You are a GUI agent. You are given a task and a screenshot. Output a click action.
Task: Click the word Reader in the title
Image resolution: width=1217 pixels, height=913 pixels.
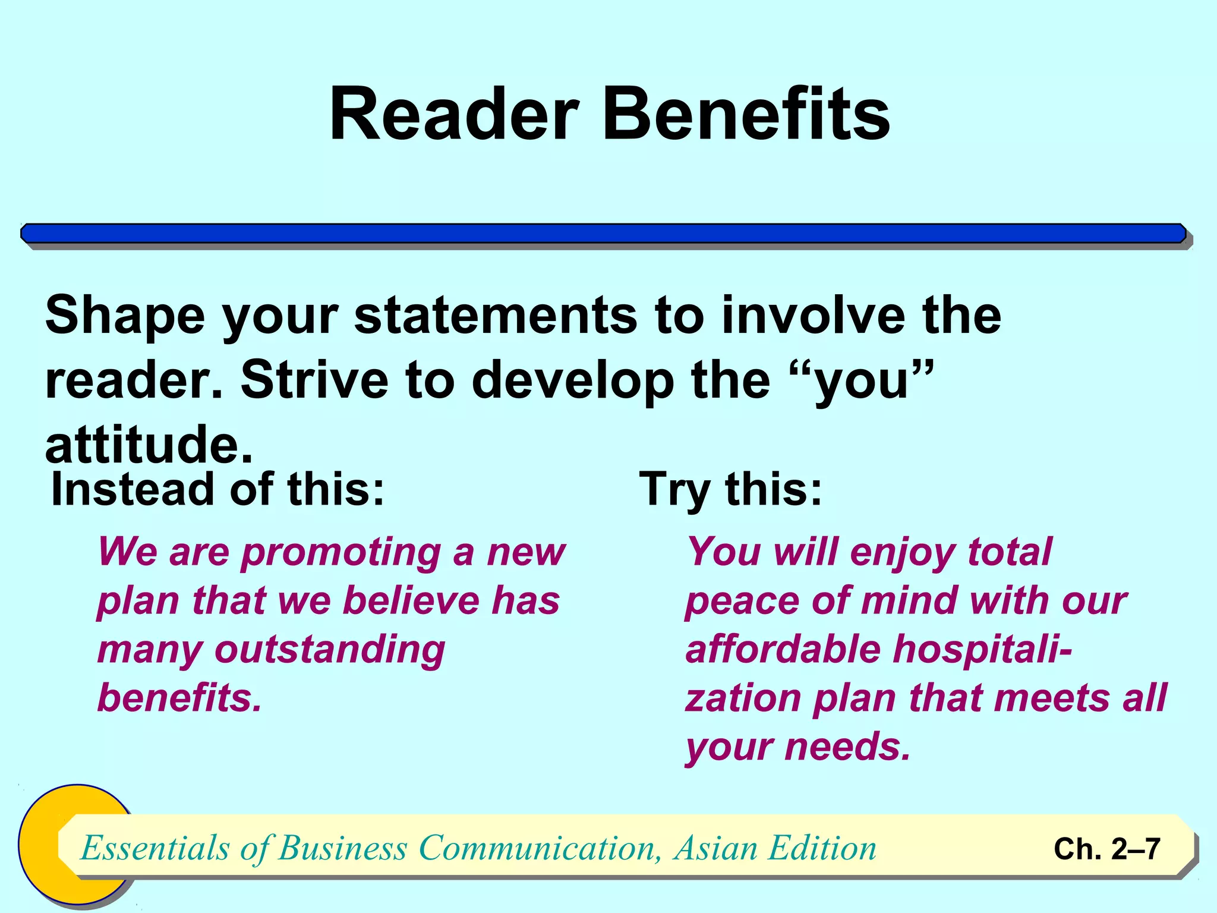pyautogui.click(x=454, y=114)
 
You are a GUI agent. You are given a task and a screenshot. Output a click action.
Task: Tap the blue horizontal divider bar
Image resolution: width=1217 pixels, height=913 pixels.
pyautogui.click(x=604, y=234)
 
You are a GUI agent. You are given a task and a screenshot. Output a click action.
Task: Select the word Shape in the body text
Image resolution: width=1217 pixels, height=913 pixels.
pyautogui.click(x=125, y=317)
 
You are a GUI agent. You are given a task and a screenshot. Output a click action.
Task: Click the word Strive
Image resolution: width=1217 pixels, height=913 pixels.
pyautogui.click(x=314, y=380)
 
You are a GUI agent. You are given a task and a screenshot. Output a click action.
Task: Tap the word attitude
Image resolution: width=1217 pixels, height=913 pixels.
pyautogui.click(x=149, y=445)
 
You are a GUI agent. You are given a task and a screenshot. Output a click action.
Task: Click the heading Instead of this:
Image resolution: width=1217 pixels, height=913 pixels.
pyautogui.click(x=218, y=490)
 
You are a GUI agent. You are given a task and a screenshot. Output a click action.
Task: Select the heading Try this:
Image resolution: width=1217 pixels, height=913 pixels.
pyautogui.click(x=731, y=490)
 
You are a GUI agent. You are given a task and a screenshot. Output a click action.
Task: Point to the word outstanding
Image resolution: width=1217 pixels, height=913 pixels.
pyautogui.click(x=330, y=650)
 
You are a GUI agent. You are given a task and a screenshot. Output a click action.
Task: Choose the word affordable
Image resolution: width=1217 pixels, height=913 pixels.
pyautogui.click(x=783, y=649)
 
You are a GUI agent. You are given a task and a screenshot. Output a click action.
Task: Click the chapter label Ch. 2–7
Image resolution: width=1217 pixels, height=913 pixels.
pyautogui.click(x=1106, y=849)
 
